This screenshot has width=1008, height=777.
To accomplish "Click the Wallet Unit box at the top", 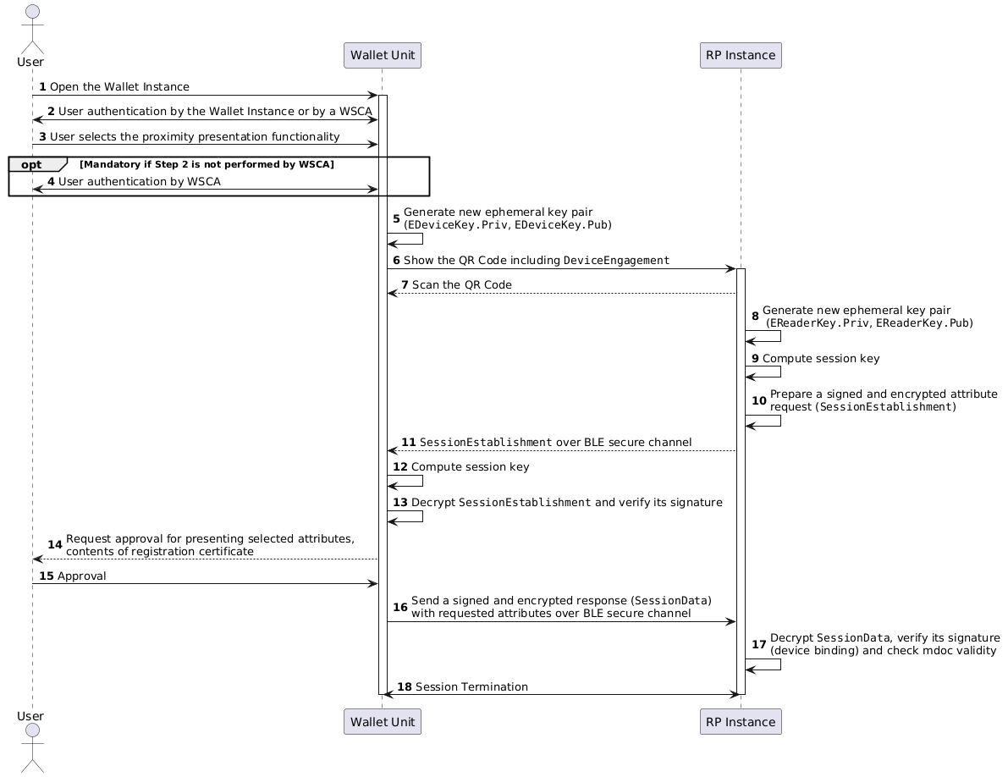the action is coord(383,55).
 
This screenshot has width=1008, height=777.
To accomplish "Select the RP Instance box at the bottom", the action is coord(741,722).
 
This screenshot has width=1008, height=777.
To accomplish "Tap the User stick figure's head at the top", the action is coord(32,12).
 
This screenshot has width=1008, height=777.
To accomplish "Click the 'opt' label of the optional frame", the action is coord(30,164).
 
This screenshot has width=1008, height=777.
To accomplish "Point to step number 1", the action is coord(42,87).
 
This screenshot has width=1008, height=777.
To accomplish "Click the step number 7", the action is coord(405,284).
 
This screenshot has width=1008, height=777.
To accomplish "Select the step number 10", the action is coord(759,400).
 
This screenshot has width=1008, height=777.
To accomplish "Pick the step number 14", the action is coord(55,545).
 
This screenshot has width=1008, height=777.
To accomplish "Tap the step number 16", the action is coord(399,608).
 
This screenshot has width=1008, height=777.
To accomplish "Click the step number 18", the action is coord(405,687).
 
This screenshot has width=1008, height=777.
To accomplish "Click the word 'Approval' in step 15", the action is coord(81,576).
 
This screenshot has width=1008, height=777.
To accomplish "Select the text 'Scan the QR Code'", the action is coord(462,284).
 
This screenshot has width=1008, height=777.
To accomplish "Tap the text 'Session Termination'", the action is coord(472,687).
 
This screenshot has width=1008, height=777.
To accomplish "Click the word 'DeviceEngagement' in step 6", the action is coord(616,261).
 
